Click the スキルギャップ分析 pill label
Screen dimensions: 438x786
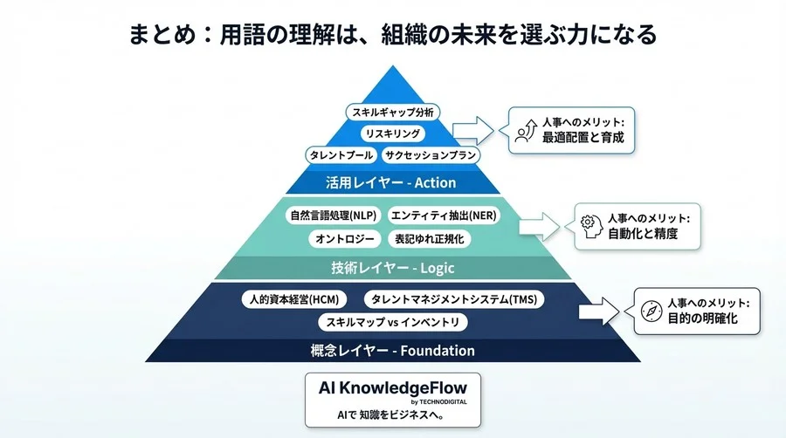(392, 113)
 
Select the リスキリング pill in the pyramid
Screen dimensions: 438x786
(392, 133)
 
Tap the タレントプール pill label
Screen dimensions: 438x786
(340, 155)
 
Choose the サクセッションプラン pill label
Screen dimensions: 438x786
(431, 155)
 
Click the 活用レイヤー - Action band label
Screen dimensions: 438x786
(391, 182)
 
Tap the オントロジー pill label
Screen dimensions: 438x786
(343, 238)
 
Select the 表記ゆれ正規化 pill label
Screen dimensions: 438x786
(429, 238)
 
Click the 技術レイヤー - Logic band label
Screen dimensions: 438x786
(393, 268)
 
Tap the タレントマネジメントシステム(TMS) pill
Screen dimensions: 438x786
(453, 299)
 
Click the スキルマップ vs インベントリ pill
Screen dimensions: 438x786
(392, 323)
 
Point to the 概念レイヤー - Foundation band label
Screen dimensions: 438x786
(393, 351)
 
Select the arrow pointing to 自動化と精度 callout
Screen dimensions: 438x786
(538, 225)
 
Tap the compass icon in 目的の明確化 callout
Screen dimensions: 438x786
(649, 311)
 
